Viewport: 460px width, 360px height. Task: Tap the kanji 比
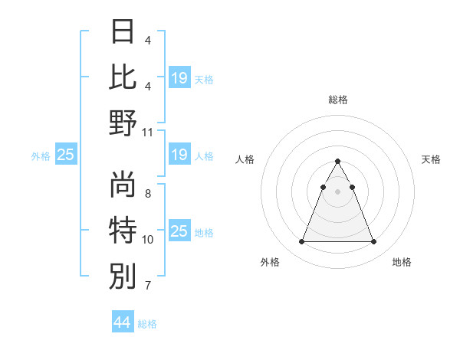pyautogui.click(x=123, y=77)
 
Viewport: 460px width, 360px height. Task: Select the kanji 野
pyautogui.click(x=123, y=123)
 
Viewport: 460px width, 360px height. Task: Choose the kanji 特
pyautogui.click(x=123, y=230)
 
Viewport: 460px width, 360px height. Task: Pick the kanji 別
pyautogui.click(x=123, y=276)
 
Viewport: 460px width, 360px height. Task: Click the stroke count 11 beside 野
pyautogui.click(x=148, y=132)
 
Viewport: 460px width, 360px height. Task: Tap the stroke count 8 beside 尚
pyautogui.click(x=148, y=193)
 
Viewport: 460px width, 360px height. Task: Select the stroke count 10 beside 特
pyautogui.click(x=148, y=240)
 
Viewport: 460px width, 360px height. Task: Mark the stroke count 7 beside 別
pyautogui.click(x=148, y=286)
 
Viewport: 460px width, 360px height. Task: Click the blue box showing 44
pyautogui.click(x=123, y=322)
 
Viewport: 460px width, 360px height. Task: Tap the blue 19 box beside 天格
pyautogui.click(x=179, y=77)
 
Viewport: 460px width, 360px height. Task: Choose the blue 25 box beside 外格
pyautogui.click(x=66, y=155)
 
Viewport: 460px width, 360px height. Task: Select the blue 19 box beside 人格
pyautogui.click(x=179, y=155)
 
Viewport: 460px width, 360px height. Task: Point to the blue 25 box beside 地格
pyautogui.click(x=179, y=231)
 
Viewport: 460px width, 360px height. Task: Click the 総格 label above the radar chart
pyautogui.click(x=337, y=100)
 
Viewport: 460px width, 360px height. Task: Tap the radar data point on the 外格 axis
pyautogui.click(x=301, y=242)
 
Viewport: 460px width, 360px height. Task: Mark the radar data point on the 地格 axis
pyautogui.click(x=373, y=242)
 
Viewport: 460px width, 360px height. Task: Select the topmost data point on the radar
pyautogui.click(x=337, y=162)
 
